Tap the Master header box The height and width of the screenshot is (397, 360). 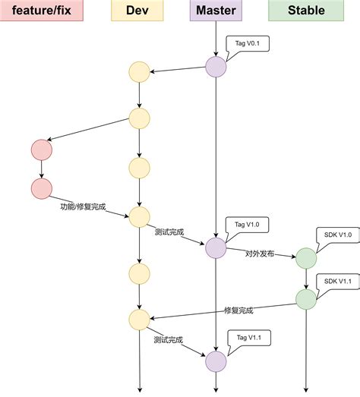[216, 11]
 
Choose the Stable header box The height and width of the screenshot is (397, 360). [306, 11]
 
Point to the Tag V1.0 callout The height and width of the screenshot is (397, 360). [246, 225]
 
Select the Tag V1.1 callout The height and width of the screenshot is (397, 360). [247, 336]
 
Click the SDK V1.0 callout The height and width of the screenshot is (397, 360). [336, 235]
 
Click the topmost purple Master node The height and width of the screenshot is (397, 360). [216, 67]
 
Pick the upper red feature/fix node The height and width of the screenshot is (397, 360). [41, 150]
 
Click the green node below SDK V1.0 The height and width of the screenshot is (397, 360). [306, 258]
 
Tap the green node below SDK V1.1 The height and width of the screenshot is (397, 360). [306, 298]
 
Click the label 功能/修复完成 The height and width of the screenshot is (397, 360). [84, 206]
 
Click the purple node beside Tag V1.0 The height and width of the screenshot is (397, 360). [216, 247]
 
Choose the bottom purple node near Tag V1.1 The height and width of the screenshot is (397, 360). [216, 361]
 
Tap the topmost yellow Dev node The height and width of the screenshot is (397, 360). [140, 73]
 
